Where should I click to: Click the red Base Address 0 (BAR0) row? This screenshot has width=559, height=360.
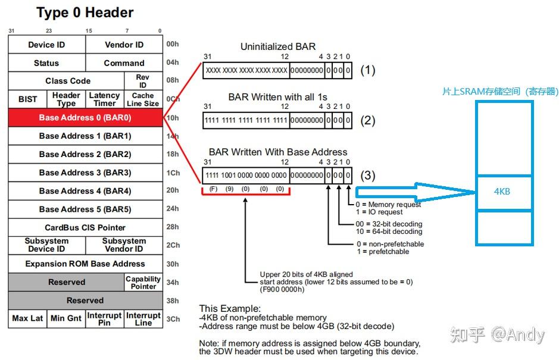point(86,118)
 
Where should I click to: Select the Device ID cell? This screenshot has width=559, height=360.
point(46,45)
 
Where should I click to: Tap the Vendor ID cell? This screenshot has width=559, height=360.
point(124,45)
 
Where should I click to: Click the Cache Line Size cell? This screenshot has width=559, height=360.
point(143,99)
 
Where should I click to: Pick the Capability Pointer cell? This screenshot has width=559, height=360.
point(143,282)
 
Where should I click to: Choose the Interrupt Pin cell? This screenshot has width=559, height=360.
point(104,319)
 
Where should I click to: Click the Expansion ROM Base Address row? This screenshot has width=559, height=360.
point(86,264)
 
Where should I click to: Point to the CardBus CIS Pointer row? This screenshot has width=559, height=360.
point(86,227)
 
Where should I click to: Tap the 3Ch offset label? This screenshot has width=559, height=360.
point(173,319)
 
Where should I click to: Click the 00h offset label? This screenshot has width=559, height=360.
point(173,44)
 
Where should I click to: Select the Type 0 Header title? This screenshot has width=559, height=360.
point(85,12)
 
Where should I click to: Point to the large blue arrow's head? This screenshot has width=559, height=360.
point(475,192)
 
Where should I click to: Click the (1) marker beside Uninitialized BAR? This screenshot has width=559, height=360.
point(367,70)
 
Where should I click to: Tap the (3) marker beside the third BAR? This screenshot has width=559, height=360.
point(367,176)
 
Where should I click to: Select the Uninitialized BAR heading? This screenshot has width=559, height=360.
point(278,46)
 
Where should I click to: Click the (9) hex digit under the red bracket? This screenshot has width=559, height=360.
point(230,189)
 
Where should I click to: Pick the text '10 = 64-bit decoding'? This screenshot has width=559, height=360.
point(389,231)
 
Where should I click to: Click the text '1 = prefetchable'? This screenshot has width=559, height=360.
point(383,252)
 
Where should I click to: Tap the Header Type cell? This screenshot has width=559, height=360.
point(66,99)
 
